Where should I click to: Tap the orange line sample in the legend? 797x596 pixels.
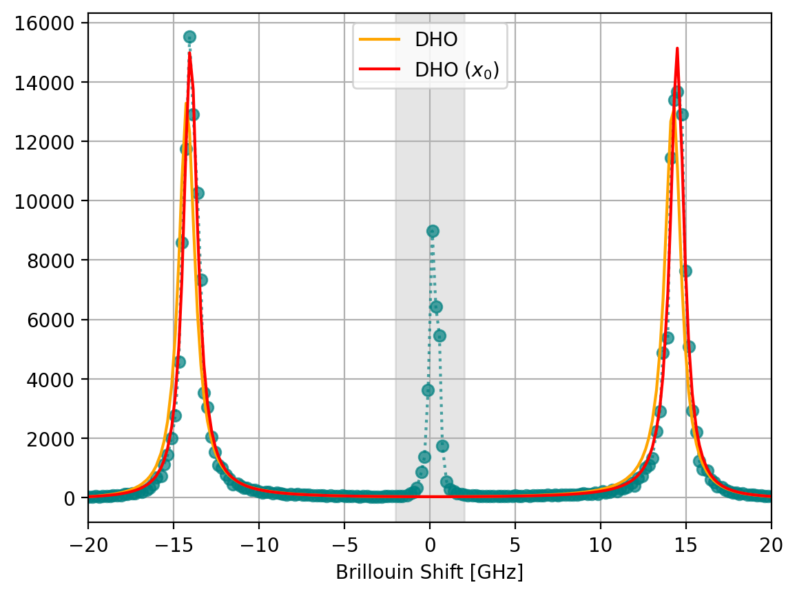pos(379,40)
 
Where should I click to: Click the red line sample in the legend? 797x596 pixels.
pos(379,69)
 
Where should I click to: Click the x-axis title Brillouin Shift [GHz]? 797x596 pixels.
pos(429,572)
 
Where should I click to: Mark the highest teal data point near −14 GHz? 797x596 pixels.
pos(189,37)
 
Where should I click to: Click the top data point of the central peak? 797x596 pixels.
pos(433,231)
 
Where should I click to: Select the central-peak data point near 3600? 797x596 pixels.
pos(428,390)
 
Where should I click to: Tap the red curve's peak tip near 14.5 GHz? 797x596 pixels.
pos(677,48)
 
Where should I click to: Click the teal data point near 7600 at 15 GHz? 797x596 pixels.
pos(685,271)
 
